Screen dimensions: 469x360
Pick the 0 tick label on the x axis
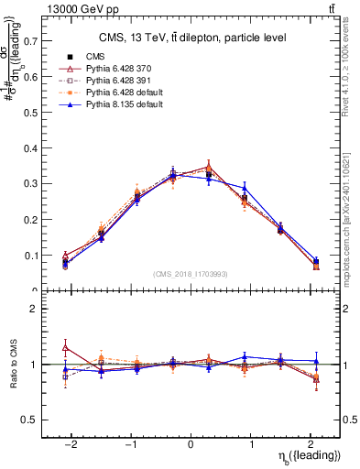191,442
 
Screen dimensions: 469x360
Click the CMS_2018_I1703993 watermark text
191,273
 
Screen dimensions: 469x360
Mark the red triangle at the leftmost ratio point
65,347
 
